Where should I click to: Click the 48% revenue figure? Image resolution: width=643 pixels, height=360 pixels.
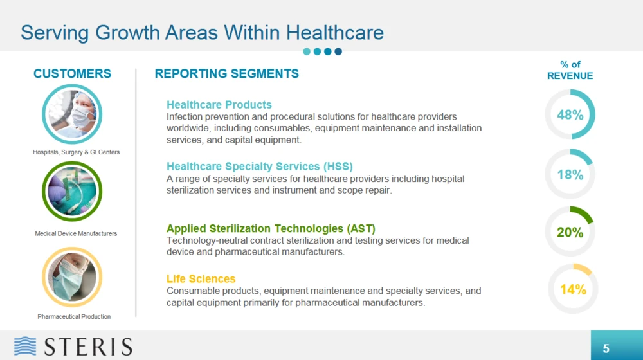(570, 115)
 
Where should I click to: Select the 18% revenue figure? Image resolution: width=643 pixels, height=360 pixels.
(570, 175)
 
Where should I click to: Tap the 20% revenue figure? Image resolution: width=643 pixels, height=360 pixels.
(570, 233)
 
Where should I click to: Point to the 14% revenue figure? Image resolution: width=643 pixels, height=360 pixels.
(573, 289)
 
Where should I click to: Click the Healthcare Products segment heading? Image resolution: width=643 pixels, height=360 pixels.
(219, 105)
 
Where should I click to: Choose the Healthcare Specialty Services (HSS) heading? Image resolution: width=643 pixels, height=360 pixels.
(260, 166)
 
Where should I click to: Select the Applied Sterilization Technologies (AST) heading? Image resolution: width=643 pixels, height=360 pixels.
(271, 228)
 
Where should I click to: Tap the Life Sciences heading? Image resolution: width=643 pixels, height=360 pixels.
(201, 279)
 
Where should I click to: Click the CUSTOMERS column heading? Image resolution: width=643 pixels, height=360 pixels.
(72, 73)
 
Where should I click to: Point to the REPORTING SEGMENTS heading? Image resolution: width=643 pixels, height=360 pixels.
(227, 73)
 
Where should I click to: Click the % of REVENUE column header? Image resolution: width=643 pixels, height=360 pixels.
(570, 70)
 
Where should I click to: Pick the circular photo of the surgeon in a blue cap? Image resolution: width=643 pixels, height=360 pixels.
(72, 114)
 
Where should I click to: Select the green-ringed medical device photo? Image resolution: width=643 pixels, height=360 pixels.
(72, 192)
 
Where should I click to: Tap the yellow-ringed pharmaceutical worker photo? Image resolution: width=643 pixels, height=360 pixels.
(72, 277)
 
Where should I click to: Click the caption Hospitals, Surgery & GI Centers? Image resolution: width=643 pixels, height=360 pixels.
(77, 152)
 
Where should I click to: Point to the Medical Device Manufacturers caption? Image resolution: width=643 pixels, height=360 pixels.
(76, 233)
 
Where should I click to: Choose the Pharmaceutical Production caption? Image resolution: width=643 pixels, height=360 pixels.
(74, 316)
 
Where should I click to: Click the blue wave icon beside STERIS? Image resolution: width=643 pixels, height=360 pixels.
(25, 346)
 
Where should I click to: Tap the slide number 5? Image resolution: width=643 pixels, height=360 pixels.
(606, 349)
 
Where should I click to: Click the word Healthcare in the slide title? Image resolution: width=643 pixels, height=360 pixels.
(334, 33)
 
